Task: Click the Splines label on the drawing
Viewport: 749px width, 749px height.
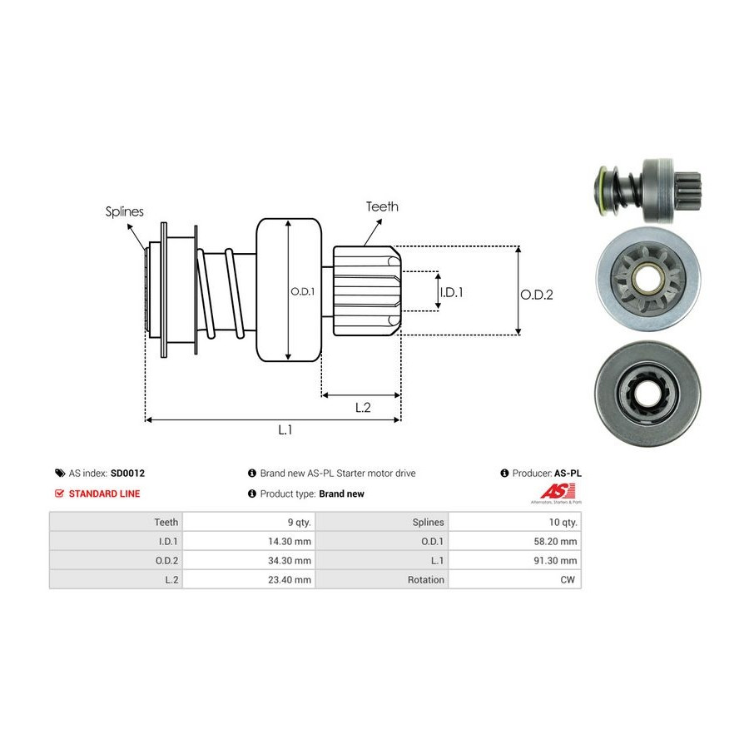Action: click(124, 211)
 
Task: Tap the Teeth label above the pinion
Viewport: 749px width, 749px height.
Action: click(382, 206)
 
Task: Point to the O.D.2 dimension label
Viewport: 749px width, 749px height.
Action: click(537, 294)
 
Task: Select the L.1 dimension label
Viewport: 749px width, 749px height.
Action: click(285, 429)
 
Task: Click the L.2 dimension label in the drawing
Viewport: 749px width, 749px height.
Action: click(363, 407)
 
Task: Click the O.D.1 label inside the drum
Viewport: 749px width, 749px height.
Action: click(300, 291)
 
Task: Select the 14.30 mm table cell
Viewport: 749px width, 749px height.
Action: click(290, 541)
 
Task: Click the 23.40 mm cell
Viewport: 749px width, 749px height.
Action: click(290, 579)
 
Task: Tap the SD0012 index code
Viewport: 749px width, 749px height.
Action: click(127, 473)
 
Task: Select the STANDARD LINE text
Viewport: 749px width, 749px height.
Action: click(104, 494)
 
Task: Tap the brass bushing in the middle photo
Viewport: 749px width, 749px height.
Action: click(642, 275)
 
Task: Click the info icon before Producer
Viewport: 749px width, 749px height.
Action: click(504, 473)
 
